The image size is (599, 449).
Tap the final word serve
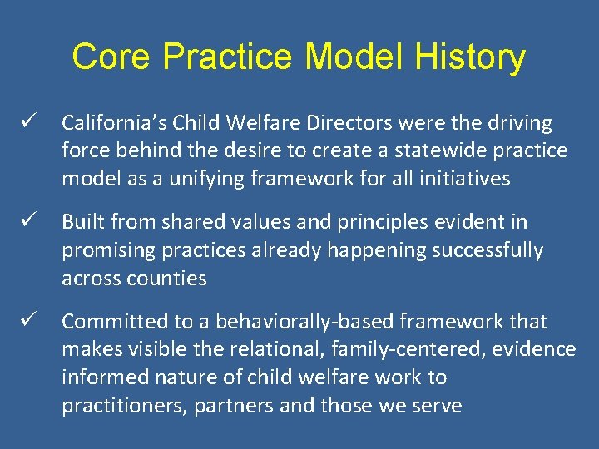click(438, 405)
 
